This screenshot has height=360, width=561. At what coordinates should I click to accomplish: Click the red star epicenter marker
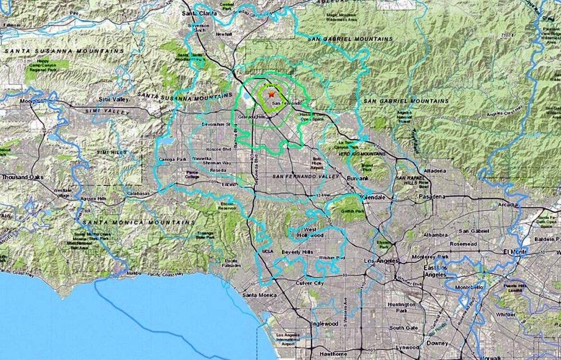click(x=271, y=94)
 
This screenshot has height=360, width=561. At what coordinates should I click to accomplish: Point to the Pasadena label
click(x=433, y=197)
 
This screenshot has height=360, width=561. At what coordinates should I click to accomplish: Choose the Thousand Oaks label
click(x=22, y=177)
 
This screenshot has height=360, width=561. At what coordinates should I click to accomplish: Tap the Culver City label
click(x=309, y=283)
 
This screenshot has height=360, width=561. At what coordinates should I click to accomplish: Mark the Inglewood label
click(x=324, y=324)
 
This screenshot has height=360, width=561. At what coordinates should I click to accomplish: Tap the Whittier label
click(x=505, y=314)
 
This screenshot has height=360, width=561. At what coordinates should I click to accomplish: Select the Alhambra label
click(x=435, y=234)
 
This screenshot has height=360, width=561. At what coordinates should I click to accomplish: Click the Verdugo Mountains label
click(x=357, y=153)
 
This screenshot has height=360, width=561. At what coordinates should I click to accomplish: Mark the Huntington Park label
click(x=402, y=307)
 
